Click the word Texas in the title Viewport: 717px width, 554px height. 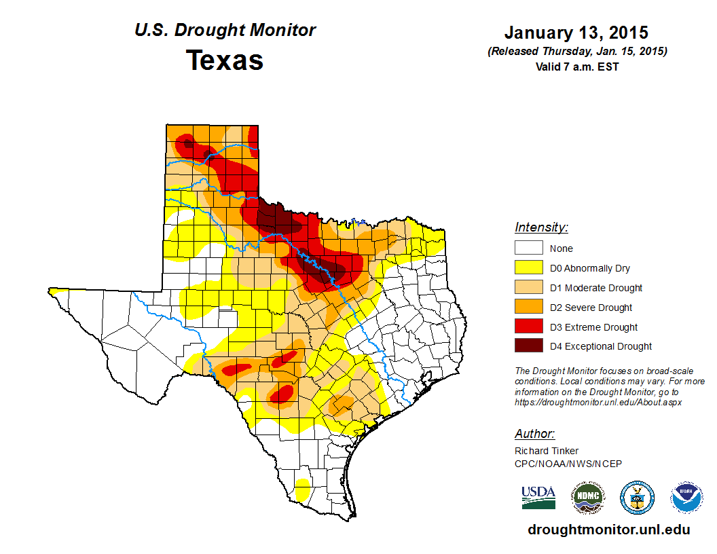coord(225,60)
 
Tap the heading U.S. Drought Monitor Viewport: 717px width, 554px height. coord(225,31)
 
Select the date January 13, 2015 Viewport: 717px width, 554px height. coord(576,33)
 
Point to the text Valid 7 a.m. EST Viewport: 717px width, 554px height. coord(576,67)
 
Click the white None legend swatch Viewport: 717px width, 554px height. coord(528,248)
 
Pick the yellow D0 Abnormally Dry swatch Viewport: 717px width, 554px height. coord(528,268)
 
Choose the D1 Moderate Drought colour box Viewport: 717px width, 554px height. coord(528,288)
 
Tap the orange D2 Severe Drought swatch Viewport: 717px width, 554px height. coord(528,308)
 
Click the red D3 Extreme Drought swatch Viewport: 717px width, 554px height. coord(528,327)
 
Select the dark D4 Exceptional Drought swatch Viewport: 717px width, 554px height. coord(528,346)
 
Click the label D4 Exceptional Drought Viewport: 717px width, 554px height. coord(601,346)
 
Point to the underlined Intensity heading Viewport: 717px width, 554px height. coord(541,227)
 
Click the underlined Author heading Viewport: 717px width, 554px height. coord(534,434)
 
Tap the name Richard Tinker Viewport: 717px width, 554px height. coord(546,451)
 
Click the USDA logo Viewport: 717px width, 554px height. coord(538,498)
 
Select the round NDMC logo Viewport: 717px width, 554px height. coord(587,498)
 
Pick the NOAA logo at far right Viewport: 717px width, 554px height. coord(686,498)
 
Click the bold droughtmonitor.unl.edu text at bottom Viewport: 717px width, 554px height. coord(608,530)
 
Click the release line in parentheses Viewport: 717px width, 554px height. coord(576,51)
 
